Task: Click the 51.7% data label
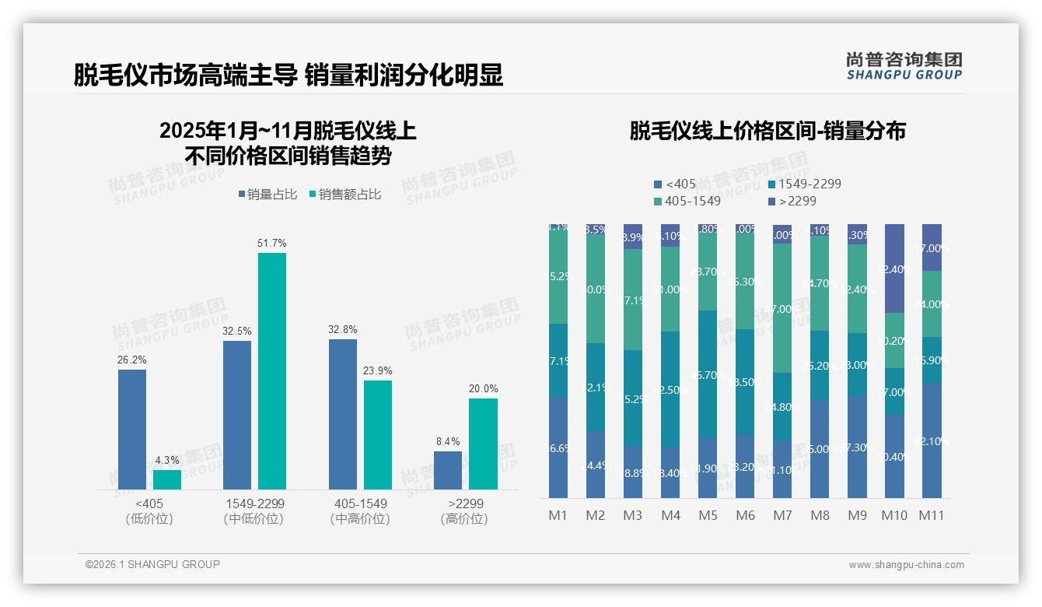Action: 271,244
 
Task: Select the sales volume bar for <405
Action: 132,429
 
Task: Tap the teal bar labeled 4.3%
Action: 167,479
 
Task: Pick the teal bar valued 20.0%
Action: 483,444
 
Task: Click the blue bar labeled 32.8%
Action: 343,414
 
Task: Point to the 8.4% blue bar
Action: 447,470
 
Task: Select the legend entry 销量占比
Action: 267,195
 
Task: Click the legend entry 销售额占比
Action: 345,195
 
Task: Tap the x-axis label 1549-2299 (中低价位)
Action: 254,511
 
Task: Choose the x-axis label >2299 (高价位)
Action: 464,511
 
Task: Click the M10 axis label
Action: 895,515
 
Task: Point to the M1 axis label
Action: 558,515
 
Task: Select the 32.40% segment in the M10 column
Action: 894,268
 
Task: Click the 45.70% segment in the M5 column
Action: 708,374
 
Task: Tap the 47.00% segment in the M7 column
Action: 782,308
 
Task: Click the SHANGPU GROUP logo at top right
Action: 904,65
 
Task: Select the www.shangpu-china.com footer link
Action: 906,565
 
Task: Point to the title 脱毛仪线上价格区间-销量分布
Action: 767,132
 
